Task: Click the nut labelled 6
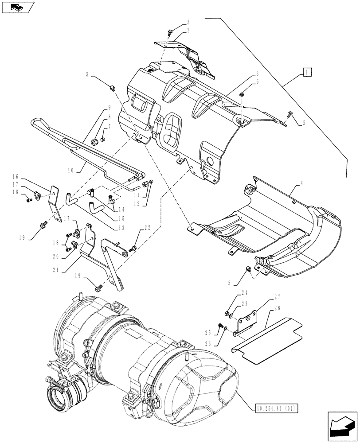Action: (243, 94)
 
